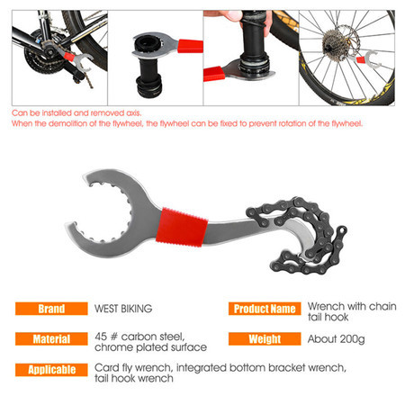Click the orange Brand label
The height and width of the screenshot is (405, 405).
pyautogui.click(x=51, y=309)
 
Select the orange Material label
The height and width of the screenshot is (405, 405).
pyautogui.click(x=51, y=339)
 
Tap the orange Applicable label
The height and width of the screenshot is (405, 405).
pyautogui.click(x=51, y=370)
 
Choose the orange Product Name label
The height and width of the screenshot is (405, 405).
pyautogui.click(x=265, y=309)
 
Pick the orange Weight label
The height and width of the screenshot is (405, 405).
pyautogui.click(x=265, y=339)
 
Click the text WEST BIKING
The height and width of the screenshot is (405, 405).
pyautogui.click(x=123, y=309)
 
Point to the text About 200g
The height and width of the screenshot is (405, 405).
pyautogui.click(x=336, y=339)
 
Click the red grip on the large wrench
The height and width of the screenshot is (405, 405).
pyautogui.click(x=182, y=227)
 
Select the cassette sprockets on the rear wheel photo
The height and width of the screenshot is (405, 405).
pyautogui.click(x=334, y=45)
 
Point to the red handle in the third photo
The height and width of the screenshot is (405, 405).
pyautogui.click(x=214, y=74)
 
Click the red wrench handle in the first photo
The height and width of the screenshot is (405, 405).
pyautogui.click(x=69, y=56)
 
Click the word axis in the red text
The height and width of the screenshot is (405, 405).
pyautogui.click(x=133, y=113)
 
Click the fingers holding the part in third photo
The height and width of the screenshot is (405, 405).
pyautogui.click(x=231, y=15)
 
